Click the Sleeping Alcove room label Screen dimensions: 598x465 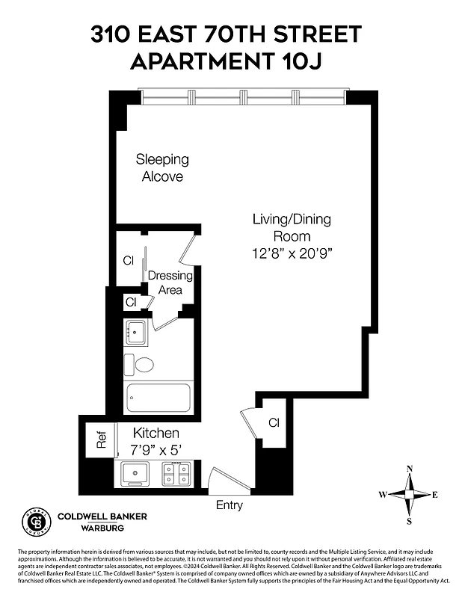click(x=162, y=168)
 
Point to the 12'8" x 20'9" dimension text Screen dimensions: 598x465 click(x=292, y=253)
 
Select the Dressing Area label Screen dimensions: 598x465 click(x=170, y=283)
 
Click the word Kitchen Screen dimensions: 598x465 click(x=155, y=434)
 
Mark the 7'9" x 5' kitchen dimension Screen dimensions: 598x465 click(x=155, y=449)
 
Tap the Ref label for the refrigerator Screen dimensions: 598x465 click(x=102, y=440)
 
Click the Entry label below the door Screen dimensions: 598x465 click(x=230, y=505)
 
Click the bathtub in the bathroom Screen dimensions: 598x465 click(x=160, y=397)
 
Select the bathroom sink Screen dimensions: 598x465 click(x=137, y=332)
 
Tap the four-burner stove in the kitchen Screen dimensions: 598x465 click(x=176, y=474)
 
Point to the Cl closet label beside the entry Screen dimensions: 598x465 click(x=274, y=423)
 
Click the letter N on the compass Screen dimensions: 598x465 click(x=410, y=469)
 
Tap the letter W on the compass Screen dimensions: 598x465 click(x=382, y=494)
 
